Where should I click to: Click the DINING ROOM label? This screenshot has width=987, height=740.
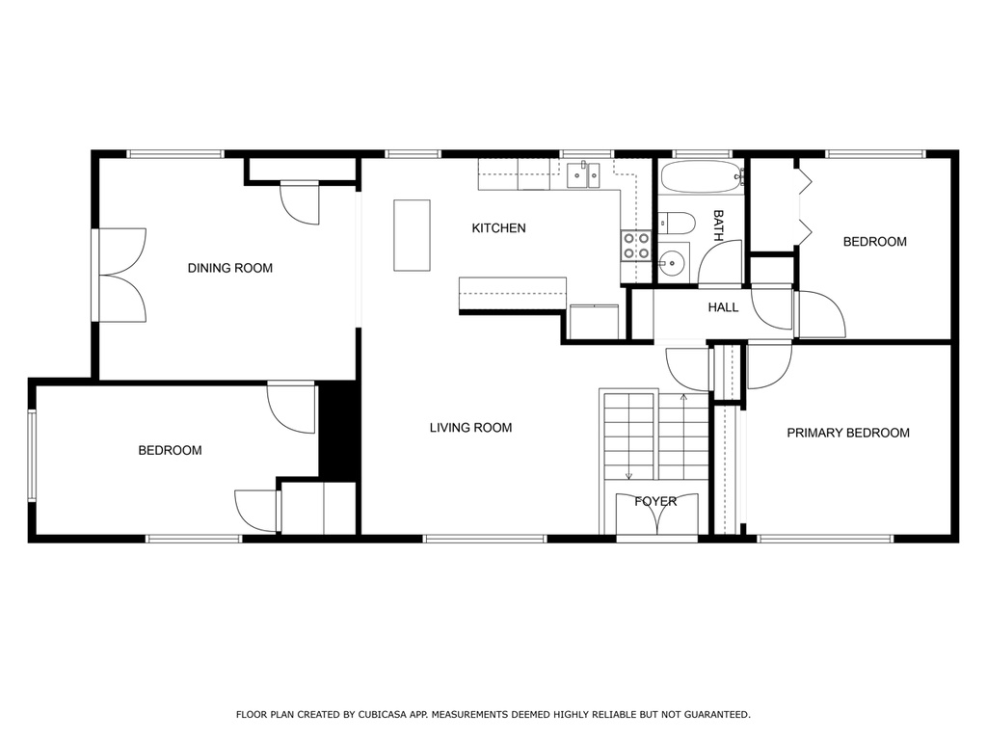tap(229, 268)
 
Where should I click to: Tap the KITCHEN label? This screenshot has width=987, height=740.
tap(498, 227)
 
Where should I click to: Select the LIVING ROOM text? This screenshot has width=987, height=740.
tap(470, 428)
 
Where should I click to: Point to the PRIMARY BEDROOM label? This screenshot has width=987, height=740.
tap(848, 433)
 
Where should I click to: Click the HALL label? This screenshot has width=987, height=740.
tap(723, 307)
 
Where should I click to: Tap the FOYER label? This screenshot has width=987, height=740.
tap(655, 501)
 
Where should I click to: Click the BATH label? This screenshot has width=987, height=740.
tap(718, 225)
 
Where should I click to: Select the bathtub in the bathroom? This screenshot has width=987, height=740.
tap(702, 177)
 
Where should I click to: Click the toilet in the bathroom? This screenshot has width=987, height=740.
tap(677, 223)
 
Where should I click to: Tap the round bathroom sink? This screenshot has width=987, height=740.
tap(672, 259)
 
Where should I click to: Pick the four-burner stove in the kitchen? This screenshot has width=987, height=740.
tap(636, 246)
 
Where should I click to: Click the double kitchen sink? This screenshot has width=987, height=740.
tap(583, 175)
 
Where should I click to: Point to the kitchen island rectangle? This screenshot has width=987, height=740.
tap(412, 235)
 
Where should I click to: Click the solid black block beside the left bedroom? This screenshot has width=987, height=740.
tap(338, 431)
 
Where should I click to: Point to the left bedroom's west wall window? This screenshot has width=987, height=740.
tap(32, 456)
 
